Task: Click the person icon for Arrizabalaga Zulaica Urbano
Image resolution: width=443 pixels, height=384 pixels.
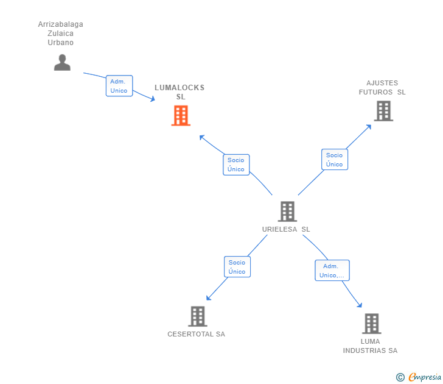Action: coord(62,62)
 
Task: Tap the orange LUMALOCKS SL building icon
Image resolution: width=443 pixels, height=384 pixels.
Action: coord(181,115)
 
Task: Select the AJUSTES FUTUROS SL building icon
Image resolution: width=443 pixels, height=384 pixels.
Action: coord(383,111)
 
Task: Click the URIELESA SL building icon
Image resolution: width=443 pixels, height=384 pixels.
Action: coord(287,212)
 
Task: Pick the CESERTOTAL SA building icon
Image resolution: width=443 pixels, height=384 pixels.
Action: coord(197,316)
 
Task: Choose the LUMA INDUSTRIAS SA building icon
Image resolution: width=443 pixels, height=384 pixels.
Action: coord(371,324)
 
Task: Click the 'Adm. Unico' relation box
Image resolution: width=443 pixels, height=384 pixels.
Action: coord(119,86)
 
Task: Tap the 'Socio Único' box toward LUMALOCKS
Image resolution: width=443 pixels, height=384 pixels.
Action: coord(236,165)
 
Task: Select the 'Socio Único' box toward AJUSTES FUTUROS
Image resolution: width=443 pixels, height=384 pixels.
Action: coord(334,160)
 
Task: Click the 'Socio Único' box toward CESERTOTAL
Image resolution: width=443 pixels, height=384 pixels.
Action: coord(237,267)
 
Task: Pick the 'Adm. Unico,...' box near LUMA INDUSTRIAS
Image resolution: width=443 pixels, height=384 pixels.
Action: coord(332,271)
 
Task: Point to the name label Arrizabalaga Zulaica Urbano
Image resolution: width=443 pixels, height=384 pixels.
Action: coord(61,34)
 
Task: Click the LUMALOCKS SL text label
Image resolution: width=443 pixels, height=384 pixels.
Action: coord(180,92)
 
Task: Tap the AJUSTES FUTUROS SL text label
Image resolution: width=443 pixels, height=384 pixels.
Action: coord(382,88)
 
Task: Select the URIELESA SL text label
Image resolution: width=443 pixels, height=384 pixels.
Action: coord(286,229)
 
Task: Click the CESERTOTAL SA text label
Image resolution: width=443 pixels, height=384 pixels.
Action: coord(196,334)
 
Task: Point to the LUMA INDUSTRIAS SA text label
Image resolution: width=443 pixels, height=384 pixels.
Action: coord(370,346)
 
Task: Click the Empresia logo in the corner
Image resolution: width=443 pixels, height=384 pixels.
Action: coord(425,377)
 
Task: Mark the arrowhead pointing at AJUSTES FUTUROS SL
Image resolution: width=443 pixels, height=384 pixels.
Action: coord(369,126)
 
